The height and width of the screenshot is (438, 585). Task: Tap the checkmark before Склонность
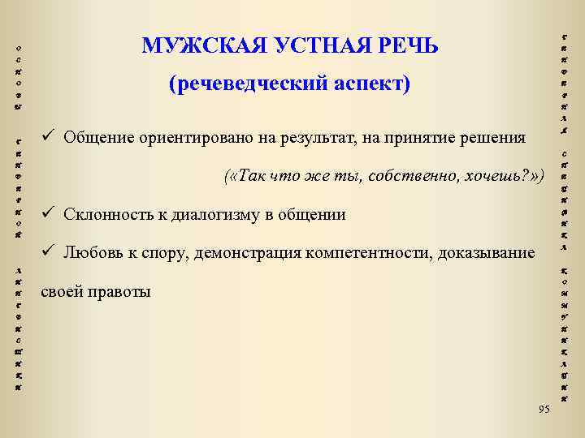pos(49,214)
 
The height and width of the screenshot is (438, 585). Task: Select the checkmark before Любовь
pos(49,252)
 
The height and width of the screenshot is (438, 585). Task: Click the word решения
pos(494,136)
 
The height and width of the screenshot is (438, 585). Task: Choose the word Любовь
pos(90,253)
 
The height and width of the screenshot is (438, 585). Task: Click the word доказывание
pos(486,253)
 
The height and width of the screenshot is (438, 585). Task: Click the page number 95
pos(544,408)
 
